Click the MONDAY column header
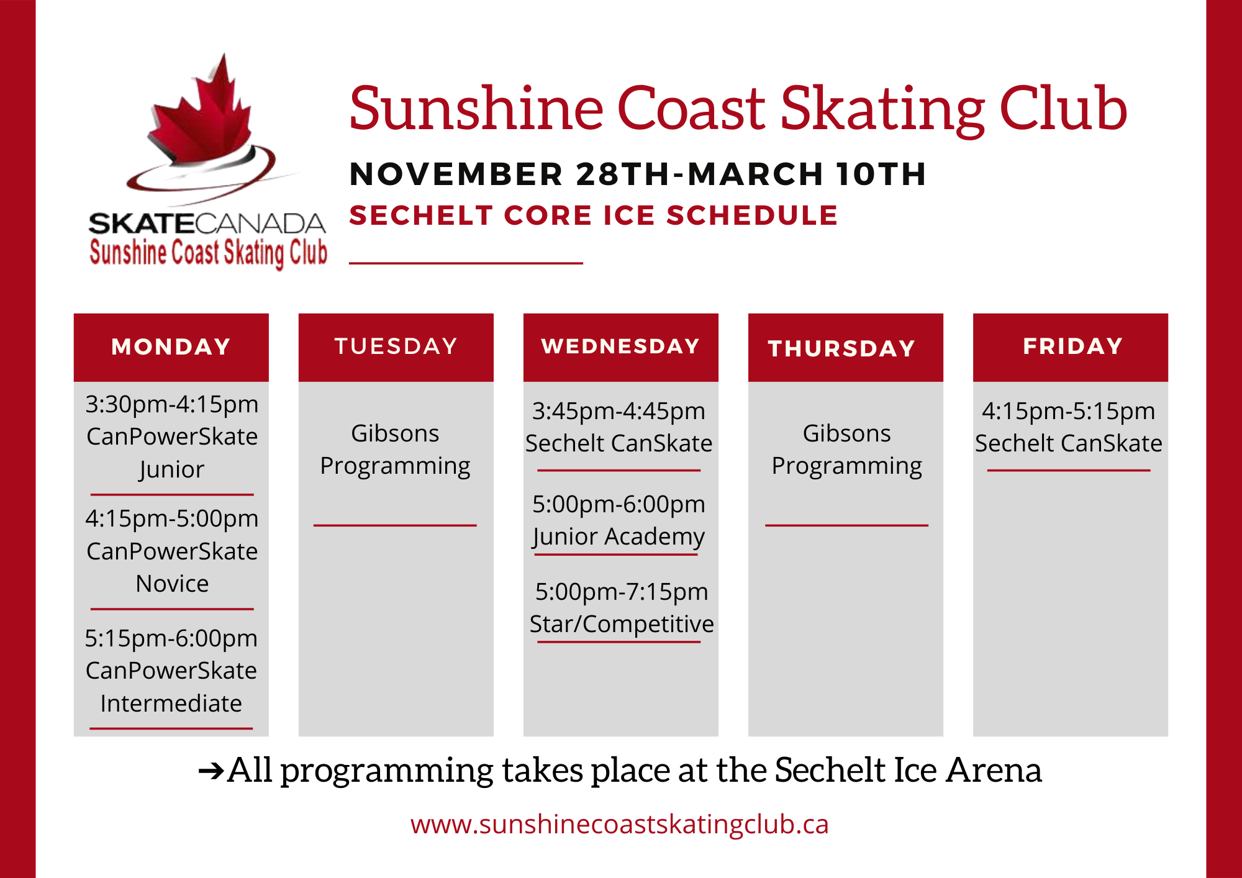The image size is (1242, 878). click(x=171, y=346)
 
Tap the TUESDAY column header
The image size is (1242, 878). click(x=396, y=346)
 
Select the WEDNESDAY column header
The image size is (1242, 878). click(x=620, y=346)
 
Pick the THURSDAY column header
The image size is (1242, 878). click(x=841, y=348)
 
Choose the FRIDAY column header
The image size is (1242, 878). click(x=1072, y=346)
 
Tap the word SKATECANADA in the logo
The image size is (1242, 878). click(x=207, y=224)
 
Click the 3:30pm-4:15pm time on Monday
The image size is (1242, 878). click(x=172, y=404)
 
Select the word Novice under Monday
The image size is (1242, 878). click(x=172, y=584)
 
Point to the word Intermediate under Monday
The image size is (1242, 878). click(x=171, y=704)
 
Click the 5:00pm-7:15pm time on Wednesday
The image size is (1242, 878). click(x=621, y=592)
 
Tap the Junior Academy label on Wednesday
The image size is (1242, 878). click(x=619, y=536)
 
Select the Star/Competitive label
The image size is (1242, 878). click(x=621, y=624)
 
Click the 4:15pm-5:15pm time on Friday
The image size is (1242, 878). click(x=1068, y=411)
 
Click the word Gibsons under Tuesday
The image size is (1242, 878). click(x=395, y=433)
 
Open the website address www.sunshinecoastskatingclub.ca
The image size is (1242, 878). click(x=619, y=825)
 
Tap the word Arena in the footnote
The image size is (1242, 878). click(x=994, y=771)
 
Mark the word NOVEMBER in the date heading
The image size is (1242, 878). click(x=456, y=174)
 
